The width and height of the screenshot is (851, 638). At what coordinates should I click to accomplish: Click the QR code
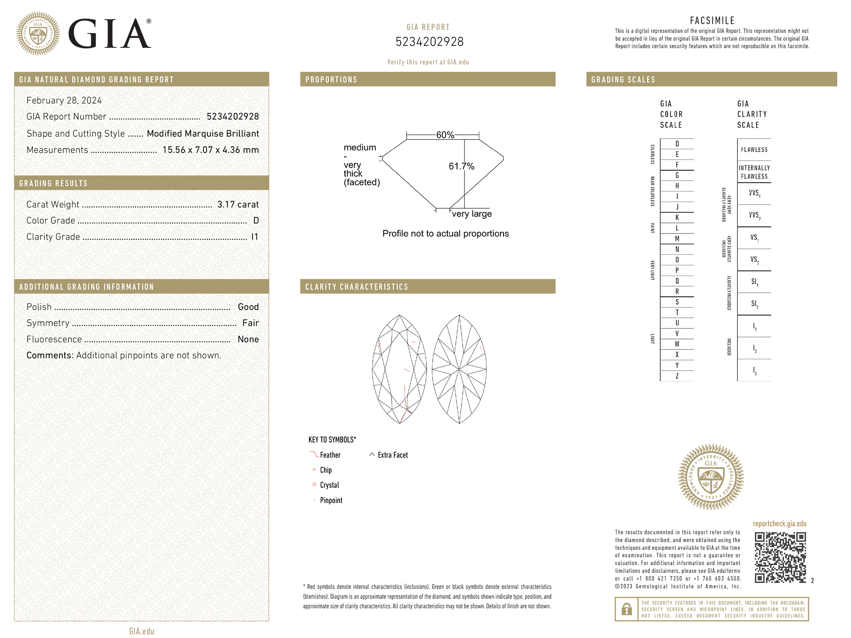click(780, 557)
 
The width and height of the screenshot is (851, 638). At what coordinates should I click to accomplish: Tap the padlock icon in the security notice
click(626, 609)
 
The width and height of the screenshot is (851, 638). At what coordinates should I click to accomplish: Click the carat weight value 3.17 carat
click(238, 204)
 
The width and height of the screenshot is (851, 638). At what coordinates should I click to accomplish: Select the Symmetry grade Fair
click(250, 323)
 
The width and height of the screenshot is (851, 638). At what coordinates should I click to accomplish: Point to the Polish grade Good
click(248, 307)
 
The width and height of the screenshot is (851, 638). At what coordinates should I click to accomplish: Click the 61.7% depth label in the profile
click(461, 166)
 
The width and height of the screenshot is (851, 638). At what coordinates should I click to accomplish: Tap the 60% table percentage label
click(445, 135)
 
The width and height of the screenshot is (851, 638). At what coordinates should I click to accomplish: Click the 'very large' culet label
click(472, 214)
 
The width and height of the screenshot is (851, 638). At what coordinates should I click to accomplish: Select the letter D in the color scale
click(677, 144)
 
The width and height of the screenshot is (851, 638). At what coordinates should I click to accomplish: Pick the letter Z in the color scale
click(677, 376)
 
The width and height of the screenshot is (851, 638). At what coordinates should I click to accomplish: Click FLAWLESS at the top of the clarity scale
click(754, 150)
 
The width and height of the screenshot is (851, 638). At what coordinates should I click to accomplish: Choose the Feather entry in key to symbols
click(330, 455)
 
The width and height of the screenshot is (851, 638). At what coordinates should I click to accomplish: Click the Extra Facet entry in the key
click(392, 455)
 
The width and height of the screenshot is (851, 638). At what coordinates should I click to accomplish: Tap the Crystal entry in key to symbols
click(329, 485)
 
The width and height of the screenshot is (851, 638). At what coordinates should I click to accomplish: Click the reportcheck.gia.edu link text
click(779, 524)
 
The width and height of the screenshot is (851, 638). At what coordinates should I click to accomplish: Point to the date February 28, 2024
click(64, 101)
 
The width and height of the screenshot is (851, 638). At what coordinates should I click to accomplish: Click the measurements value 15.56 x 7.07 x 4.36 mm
click(211, 150)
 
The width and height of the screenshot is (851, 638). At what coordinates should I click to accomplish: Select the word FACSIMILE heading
click(712, 20)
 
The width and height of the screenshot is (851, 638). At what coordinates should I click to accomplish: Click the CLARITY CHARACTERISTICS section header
click(356, 287)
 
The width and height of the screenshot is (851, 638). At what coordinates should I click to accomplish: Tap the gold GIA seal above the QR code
click(711, 477)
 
